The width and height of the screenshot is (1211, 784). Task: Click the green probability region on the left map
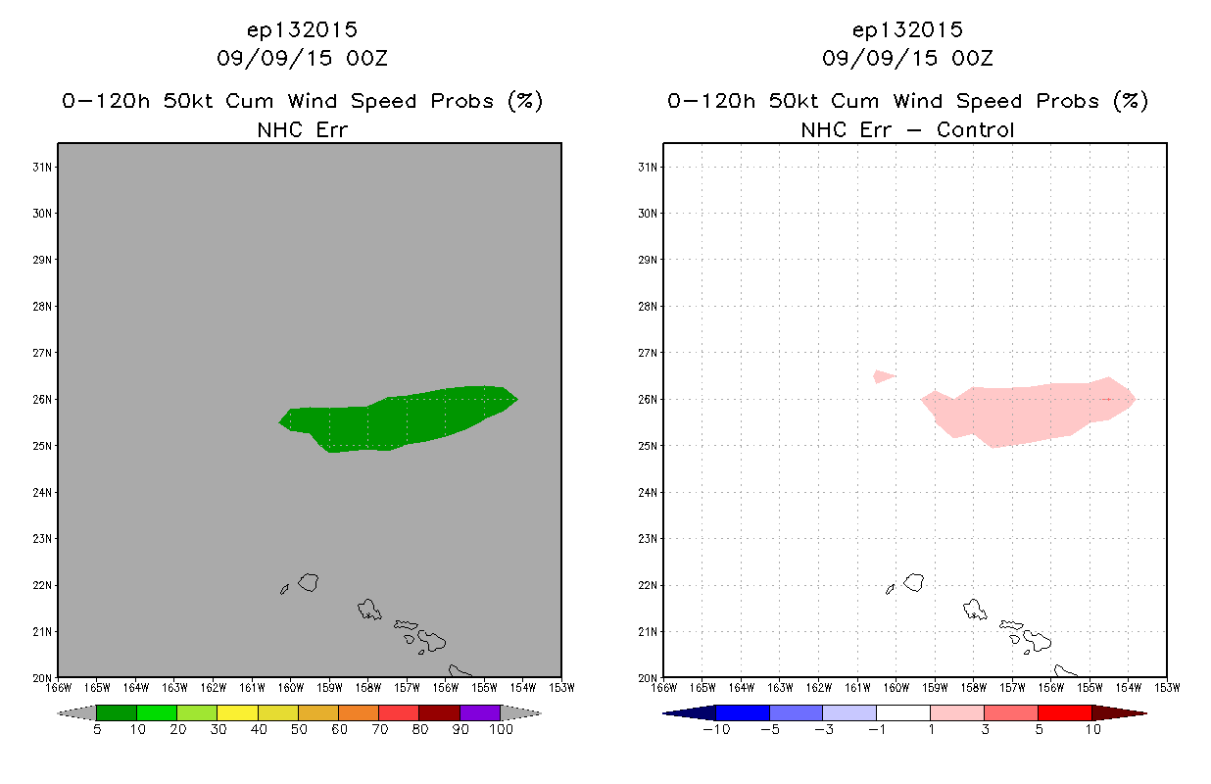(400, 420)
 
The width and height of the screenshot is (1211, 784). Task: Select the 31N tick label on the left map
(42, 167)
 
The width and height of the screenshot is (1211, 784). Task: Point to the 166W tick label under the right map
(664, 688)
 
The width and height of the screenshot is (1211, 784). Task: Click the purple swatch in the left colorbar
(480, 712)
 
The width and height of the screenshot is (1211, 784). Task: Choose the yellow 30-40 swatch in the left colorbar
(238, 712)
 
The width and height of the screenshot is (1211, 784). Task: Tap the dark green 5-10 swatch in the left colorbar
(117, 712)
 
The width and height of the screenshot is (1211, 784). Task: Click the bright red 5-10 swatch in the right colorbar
(1065, 712)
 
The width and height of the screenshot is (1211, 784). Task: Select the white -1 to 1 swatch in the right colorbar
(903, 712)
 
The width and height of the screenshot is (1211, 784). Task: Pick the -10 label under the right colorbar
(716, 729)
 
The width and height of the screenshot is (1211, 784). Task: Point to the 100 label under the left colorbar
(501, 729)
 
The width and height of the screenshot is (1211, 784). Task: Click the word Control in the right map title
(975, 130)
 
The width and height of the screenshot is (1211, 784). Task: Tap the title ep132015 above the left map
(302, 30)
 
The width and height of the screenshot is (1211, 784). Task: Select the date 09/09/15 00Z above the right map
(907, 59)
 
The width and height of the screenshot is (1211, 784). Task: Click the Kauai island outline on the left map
(309, 582)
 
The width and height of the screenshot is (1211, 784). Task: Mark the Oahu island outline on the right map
(975, 610)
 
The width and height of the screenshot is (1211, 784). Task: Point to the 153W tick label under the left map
(561, 688)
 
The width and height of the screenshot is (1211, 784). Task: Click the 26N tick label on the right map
(648, 400)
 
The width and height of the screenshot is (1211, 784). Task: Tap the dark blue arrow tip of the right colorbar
(664, 713)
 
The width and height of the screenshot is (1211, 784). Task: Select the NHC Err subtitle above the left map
(302, 130)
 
